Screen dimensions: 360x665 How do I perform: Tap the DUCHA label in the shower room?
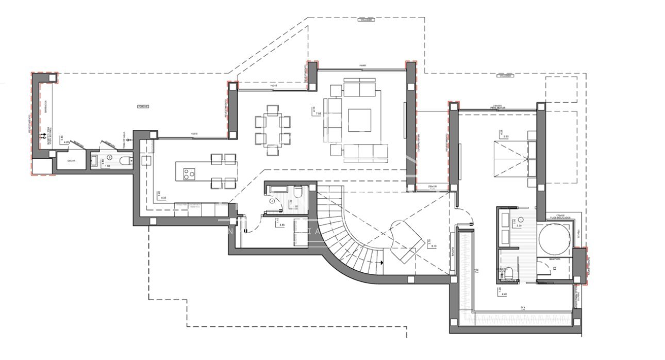[71, 161]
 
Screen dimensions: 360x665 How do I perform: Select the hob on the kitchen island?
[189, 174]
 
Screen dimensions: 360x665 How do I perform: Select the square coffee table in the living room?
[359, 120]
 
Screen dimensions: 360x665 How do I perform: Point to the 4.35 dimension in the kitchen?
[164, 198]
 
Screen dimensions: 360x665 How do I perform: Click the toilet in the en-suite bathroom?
[508, 273]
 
